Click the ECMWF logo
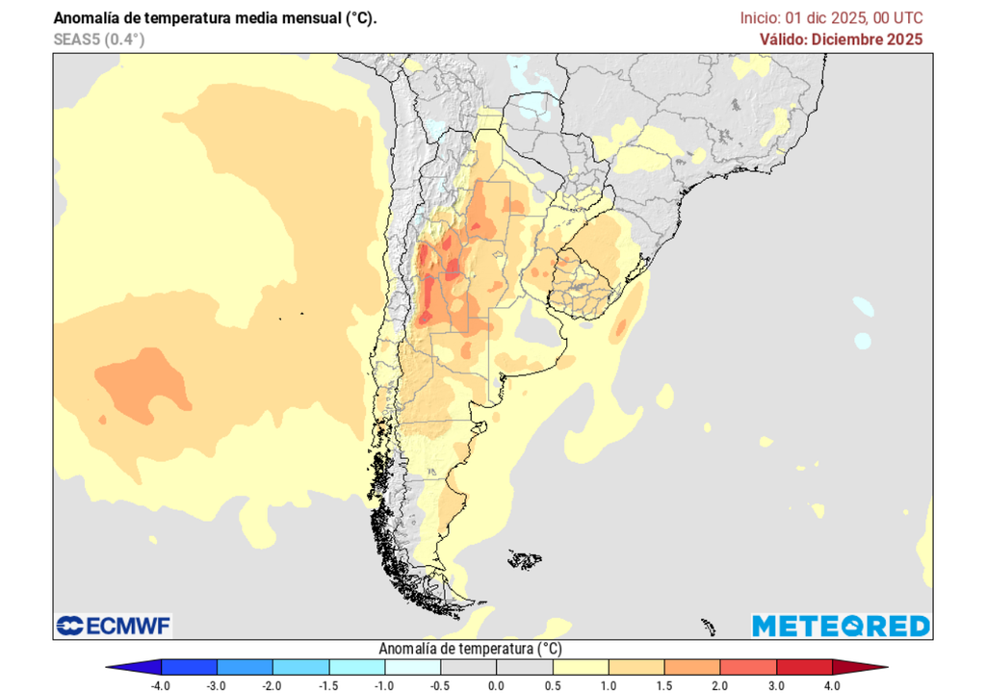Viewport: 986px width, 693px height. click(114, 626)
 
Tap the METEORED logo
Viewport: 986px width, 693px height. click(841, 626)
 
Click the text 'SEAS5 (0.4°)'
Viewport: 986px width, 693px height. click(99, 39)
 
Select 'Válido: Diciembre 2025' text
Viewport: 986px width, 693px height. click(841, 39)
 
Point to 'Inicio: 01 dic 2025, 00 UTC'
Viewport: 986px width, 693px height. click(831, 18)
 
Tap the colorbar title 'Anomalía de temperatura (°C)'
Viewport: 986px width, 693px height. click(469, 649)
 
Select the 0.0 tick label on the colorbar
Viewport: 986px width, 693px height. click(496, 684)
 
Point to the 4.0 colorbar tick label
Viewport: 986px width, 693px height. click(832, 684)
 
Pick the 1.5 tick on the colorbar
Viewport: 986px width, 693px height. click(664, 684)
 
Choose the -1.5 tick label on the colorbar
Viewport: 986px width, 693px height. click(329, 684)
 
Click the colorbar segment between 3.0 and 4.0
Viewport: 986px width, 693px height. click(804, 666)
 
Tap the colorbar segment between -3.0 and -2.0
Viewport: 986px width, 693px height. click(246, 666)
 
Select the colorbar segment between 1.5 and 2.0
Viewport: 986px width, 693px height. click(692, 666)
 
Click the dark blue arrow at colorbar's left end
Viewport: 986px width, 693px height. click(120, 666)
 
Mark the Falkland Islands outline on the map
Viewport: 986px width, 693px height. click(525, 558)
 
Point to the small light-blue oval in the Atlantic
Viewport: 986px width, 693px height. click(862, 341)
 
